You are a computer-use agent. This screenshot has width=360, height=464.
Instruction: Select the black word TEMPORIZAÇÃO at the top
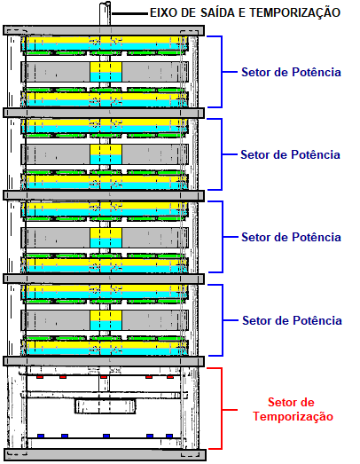(295, 13)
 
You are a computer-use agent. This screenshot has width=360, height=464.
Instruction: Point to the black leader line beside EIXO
(129, 13)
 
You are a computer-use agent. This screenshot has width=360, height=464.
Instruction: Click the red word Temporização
(293, 417)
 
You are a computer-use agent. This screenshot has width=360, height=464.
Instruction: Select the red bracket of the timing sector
(222, 408)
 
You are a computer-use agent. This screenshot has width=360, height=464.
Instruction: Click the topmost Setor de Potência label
(291, 72)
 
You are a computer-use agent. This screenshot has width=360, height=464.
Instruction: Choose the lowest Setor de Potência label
(292, 320)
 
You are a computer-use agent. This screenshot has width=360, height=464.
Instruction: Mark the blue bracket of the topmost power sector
(222, 72)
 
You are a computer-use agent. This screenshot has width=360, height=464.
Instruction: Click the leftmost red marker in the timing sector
(40, 377)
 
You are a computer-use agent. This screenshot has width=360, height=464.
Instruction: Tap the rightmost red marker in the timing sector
(170, 377)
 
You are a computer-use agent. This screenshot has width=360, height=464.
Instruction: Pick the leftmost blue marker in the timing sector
(41, 436)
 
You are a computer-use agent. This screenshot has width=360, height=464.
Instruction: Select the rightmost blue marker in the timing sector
(169, 436)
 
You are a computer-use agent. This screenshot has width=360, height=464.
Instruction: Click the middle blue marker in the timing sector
(106, 436)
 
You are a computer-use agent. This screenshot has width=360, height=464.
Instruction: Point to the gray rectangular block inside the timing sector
(105, 406)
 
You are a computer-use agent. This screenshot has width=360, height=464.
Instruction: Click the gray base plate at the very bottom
(105, 454)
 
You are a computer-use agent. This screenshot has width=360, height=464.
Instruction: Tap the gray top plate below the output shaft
(104, 30)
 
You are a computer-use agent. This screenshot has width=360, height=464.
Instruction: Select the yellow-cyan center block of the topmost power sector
(106, 72)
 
